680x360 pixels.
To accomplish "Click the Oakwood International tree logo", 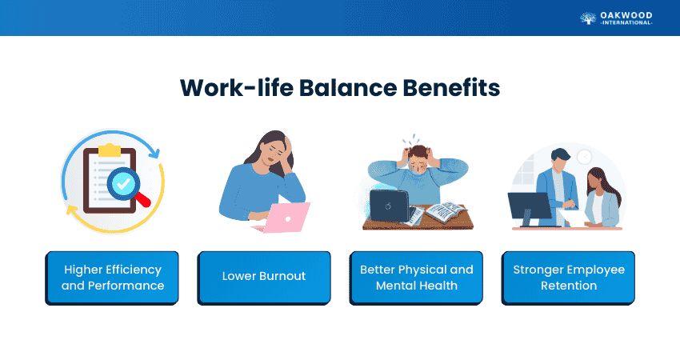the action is click(588, 18).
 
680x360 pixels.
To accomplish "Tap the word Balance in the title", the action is click(348, 88).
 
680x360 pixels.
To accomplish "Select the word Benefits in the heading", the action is click(451, 88).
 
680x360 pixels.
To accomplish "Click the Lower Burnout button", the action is click(264, 278).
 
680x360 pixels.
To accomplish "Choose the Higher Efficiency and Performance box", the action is click(112, 278).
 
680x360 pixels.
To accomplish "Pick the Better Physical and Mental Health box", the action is click(416, 278).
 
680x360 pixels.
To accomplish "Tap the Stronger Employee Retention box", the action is click(568, 278).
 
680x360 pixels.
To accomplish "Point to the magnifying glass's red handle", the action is click(142, 199).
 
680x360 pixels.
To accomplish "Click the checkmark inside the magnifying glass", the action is click(123, 184).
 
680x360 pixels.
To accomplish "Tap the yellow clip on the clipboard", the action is click(110, 150).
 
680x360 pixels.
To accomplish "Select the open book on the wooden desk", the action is click(446, 211).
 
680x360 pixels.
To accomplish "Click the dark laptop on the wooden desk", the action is click(389, 206).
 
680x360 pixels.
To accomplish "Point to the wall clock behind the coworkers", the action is click(584, 157).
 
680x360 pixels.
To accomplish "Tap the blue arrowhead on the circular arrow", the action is click(154, 153).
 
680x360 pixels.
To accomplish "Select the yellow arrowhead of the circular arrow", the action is click(71, 210).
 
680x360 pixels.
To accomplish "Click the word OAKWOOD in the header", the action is click(626, 16).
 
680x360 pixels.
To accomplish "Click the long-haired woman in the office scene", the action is click(603, 198).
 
